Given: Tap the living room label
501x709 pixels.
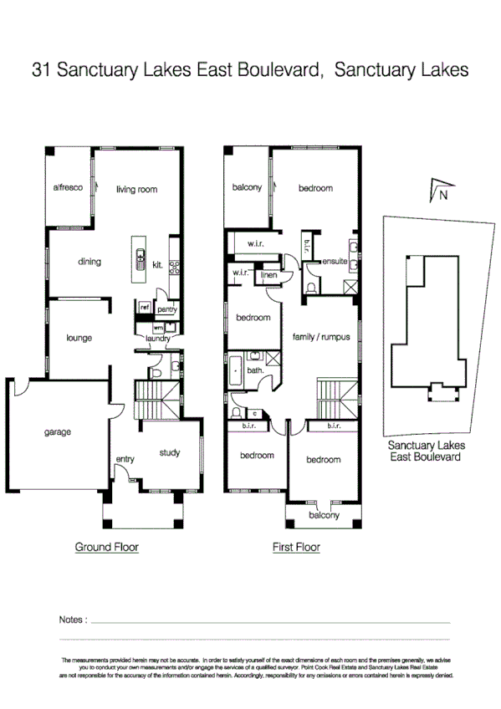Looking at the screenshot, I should [136, 190].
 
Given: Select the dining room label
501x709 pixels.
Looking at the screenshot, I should [89, 262].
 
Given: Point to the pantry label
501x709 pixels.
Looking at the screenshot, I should [166, 309].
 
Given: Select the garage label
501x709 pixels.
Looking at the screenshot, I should [58, 432].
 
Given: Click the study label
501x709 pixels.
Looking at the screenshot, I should [170, 453].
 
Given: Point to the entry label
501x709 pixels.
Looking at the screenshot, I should [125, 459].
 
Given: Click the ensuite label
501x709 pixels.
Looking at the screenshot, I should [335, 262].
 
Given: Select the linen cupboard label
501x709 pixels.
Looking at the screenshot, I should [268, 275].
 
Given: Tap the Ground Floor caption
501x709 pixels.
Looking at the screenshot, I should [106, 548].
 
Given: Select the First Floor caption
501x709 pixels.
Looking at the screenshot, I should [297, 548].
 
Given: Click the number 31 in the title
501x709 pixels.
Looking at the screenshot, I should [42, 70].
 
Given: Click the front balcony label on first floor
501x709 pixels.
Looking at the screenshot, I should [324, 515].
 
